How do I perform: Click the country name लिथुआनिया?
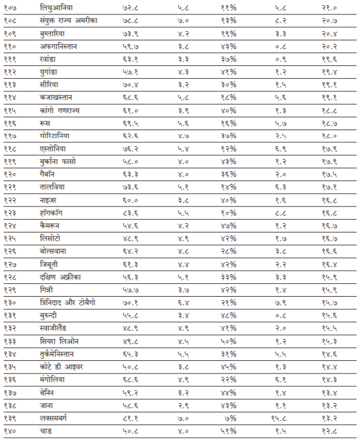(x=56, y=8)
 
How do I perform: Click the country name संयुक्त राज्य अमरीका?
(x=69, y=20)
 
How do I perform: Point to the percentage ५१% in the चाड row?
(x=228, y=430)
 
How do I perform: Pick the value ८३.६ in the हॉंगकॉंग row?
(x=131, y=212)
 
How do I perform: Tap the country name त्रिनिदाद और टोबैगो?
(x=72, y=302)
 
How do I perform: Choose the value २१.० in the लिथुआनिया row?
(x=330, y=8)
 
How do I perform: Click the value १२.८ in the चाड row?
(x=330, y=430)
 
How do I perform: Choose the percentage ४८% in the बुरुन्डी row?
(x=228, y=315)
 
